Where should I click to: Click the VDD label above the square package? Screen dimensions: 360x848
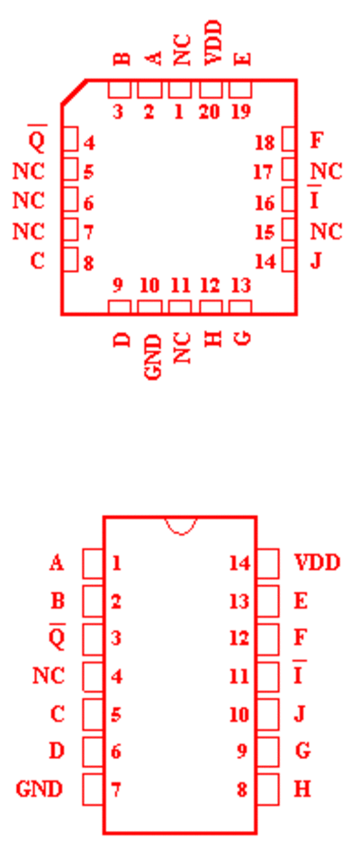coord(213,43)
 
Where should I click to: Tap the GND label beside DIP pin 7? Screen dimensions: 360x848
coord(40,789)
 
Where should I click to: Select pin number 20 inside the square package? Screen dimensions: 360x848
coord(210,112)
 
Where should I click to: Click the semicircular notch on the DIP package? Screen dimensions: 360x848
coord(180,526)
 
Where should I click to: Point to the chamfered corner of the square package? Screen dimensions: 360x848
coord(74,92)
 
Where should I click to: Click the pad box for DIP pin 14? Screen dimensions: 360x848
coord(267,564)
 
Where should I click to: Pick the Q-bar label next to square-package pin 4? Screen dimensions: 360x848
coord(37,140)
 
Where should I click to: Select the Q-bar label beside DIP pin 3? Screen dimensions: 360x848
coord(57,636)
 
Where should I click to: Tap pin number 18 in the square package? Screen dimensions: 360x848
coord(265,143)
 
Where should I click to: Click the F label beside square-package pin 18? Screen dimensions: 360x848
coord(317,140)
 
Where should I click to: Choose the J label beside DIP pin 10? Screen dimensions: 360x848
coord(300,714)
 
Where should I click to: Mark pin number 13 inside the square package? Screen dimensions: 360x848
coord(240,285)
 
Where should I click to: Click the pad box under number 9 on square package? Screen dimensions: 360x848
coord(120,307)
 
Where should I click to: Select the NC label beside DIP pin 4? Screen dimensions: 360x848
coord(49,675)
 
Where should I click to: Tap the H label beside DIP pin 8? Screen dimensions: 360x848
coord(302,789)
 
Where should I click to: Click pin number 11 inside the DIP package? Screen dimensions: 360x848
coord(238,676)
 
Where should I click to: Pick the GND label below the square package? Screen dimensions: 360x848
coord(154,357)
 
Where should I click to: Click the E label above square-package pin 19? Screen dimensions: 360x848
coord(244,59)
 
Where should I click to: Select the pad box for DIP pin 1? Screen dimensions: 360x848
coord(93,564)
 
